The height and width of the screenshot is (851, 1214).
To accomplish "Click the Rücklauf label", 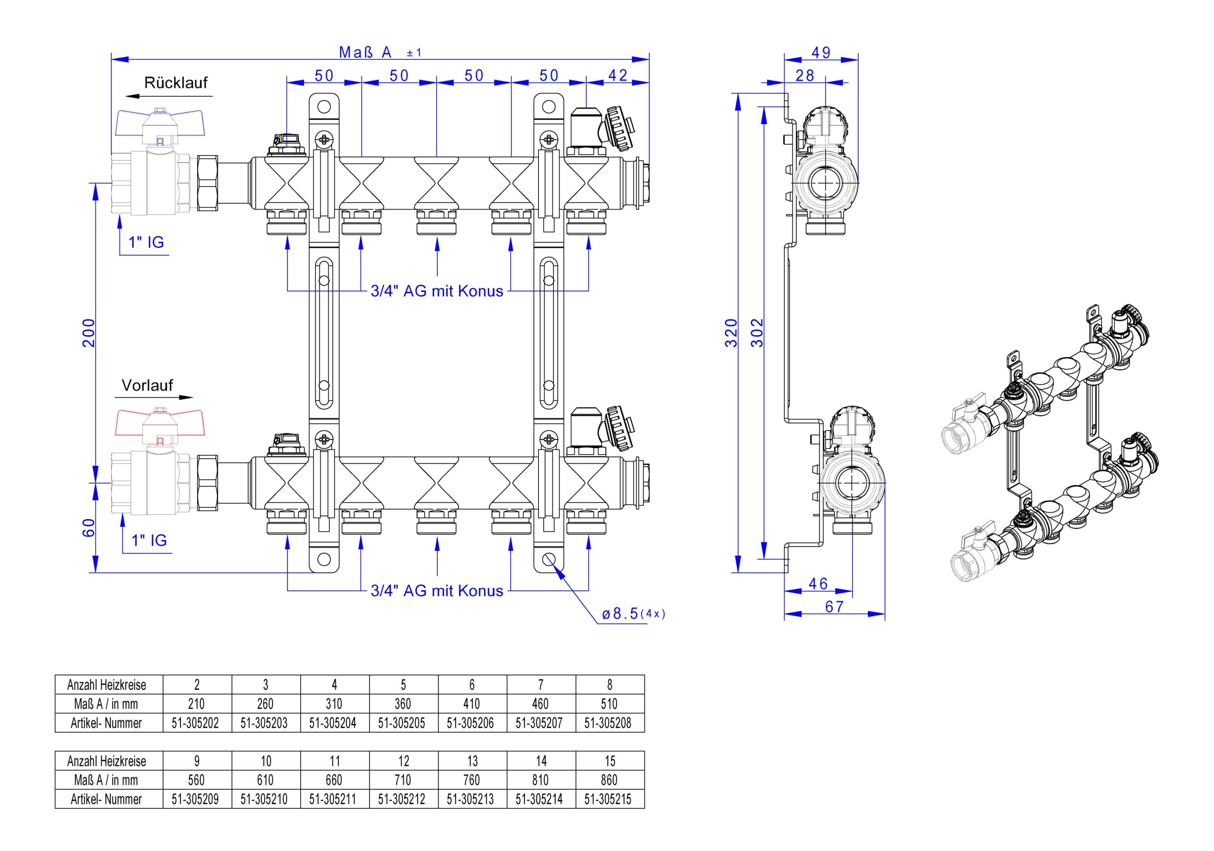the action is coord(175,83).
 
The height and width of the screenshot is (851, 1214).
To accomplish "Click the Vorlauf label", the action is coord(147,385).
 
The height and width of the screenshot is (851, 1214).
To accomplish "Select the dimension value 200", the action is coord(89,332).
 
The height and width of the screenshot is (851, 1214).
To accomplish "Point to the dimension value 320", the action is coord(731,332).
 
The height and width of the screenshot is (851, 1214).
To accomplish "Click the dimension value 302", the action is coord(758,332).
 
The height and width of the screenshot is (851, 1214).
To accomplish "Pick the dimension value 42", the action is coord(617,75).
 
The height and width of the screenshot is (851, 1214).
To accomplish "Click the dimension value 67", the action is coord(834,607).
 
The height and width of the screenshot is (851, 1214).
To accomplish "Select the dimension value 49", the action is coord(821,53).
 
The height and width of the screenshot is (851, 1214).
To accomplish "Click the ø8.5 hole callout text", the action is coord(633,614).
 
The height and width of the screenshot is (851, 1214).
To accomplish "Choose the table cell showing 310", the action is coord(334,704).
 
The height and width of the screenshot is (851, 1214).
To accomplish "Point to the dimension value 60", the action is coord(89,528).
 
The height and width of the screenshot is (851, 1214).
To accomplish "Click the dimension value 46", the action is coord(818,584).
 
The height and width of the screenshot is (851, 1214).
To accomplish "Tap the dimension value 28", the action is coord(805,75).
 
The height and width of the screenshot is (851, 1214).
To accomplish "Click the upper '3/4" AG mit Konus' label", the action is coord(437,291).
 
